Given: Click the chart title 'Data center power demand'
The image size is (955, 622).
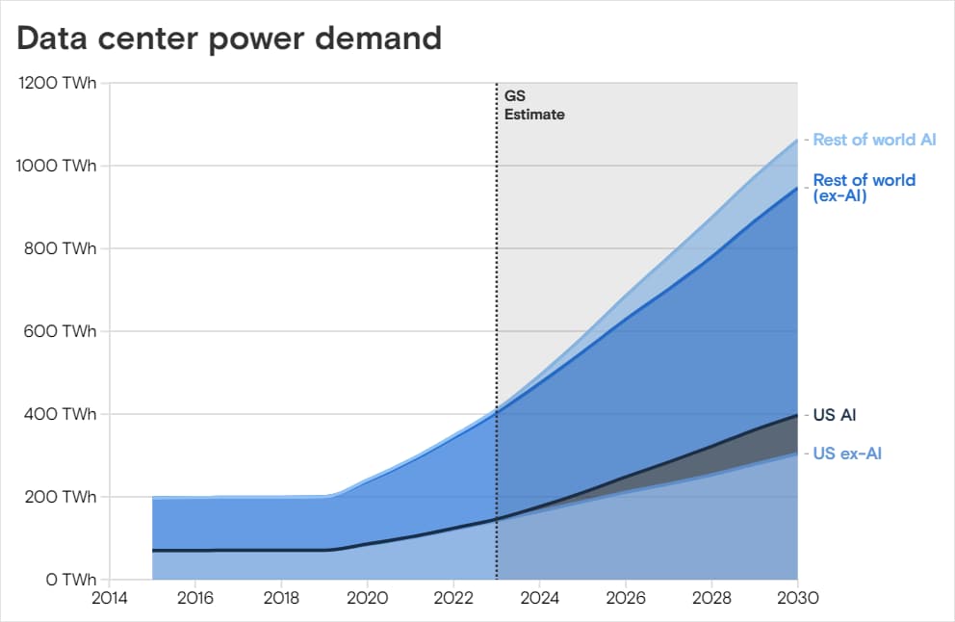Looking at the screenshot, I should (229, 39).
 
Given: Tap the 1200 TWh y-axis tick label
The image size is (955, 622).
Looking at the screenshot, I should (57, 83).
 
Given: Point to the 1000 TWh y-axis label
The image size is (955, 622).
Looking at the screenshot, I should (57, 166).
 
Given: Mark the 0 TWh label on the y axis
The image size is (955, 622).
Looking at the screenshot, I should (67, 580).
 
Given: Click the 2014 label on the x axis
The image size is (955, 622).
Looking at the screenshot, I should (110, 598).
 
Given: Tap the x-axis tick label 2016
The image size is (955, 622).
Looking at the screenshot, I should (195, 598).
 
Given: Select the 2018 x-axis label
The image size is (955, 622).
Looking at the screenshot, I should (281, 598).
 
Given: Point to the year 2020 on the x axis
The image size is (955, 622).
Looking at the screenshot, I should (367, 598).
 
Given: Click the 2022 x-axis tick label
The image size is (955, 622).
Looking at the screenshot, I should (453, 598).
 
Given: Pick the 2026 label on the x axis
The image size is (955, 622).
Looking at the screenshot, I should (626, 598).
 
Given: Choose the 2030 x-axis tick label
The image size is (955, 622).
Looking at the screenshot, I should (798, 598).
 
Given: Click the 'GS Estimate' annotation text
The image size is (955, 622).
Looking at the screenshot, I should (534, 105).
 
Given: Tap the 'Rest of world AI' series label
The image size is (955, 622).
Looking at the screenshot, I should (874, 140).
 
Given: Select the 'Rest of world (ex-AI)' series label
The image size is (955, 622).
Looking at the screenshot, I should (864, 188).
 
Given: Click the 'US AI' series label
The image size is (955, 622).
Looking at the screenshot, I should (835, 416).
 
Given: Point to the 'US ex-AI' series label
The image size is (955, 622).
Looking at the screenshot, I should (847, 454).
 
